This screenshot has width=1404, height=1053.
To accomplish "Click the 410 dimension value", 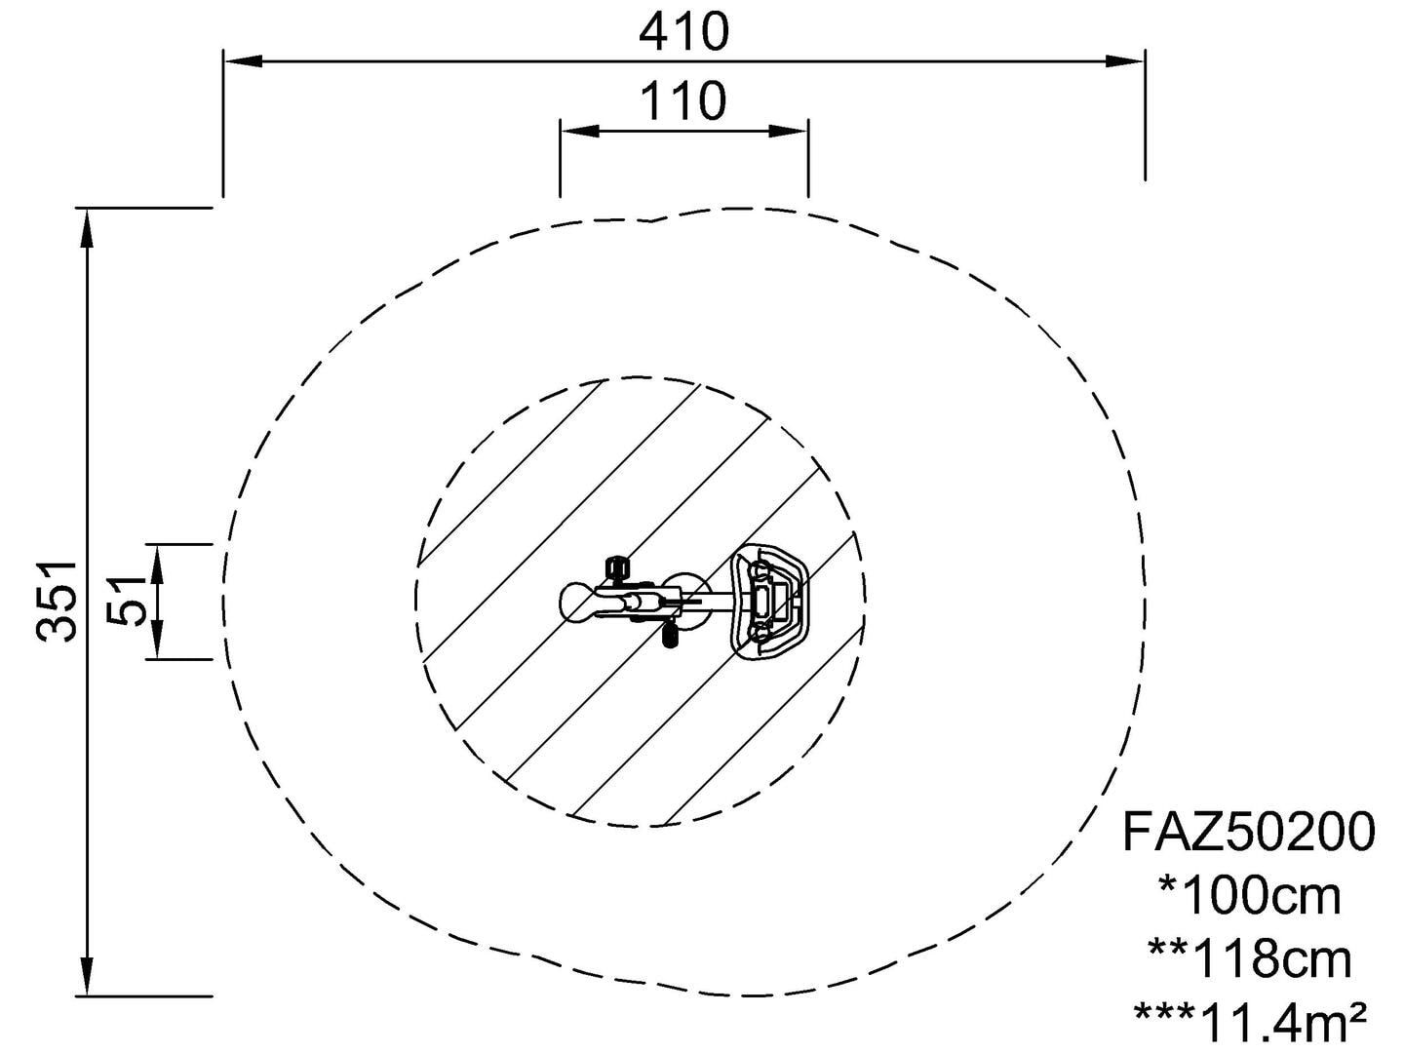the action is (x=683, y=32).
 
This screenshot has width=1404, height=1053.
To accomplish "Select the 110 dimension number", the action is (x=683, y=101).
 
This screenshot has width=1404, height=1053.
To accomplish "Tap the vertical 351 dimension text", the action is (x=58, y=602).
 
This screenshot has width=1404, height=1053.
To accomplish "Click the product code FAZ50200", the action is (x=1249, y=832).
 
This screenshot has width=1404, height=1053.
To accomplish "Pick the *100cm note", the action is (x=1249, y=897).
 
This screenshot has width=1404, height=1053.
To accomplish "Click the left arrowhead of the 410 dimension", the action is (x=243, y=61).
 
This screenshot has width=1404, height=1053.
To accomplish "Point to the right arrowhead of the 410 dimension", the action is (x=1125, y=61).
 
